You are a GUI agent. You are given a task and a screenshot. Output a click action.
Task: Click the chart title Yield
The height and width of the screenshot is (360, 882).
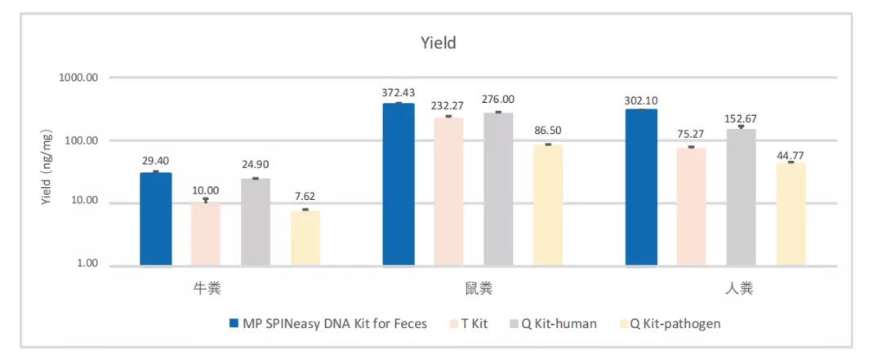coord(439,43)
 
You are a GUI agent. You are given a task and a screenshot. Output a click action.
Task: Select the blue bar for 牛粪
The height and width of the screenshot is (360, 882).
coord(156,219)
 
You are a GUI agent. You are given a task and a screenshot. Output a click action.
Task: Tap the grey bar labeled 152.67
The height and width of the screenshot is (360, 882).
coord(741,197)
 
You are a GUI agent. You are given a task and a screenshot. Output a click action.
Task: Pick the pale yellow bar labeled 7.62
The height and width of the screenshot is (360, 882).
coord(305,238)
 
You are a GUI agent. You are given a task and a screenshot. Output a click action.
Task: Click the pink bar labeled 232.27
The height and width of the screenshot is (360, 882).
coord(448,191)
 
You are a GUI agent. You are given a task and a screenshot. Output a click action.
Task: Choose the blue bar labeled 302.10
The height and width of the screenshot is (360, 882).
coord(641,187)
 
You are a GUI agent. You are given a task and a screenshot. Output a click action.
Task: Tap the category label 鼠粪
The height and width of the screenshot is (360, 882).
coord(473,288)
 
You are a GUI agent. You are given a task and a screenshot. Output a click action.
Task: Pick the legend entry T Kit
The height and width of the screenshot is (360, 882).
coord(470,324)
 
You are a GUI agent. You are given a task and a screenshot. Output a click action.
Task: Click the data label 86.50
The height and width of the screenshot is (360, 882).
coord(548,131)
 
